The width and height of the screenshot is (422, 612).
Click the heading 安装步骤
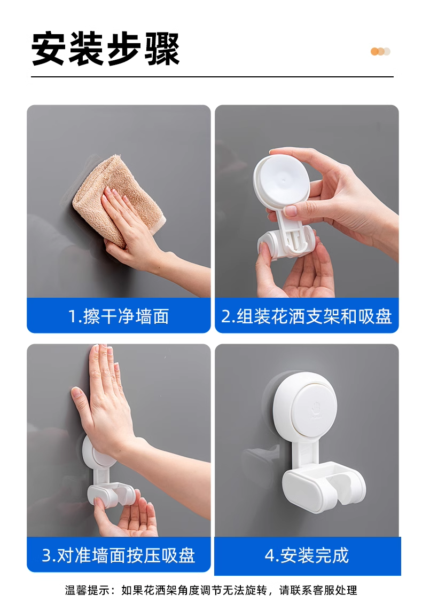tap(106, 49)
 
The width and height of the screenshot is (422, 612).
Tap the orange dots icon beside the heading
tap(380, 52)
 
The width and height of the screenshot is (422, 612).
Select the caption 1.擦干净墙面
tap(119, 316)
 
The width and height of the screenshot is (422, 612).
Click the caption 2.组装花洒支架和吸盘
tap(306, 316)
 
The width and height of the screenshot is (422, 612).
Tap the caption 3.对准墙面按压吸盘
tap(119, 555)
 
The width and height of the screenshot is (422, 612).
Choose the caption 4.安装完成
tap(307, 555)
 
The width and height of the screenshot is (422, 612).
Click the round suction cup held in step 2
tap(282, 180)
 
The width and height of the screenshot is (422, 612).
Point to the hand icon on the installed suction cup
tap(316, 408)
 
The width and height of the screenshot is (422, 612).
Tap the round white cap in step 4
tap(305, 404)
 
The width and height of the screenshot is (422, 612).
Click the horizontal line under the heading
tap(212, 77)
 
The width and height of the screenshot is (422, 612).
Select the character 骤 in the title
tap(162, 49)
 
